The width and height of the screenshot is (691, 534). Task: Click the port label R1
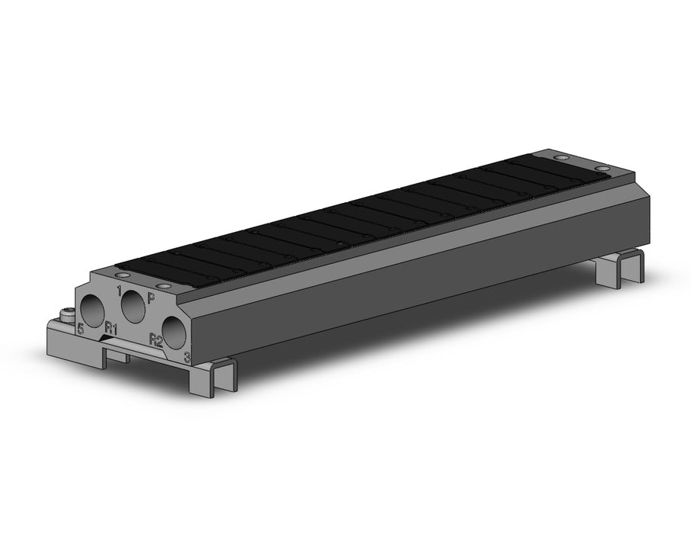110,329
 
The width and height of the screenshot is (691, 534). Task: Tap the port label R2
156,340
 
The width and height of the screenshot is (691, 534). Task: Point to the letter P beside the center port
151,299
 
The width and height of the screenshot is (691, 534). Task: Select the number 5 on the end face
80,328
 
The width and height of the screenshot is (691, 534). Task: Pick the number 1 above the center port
119,291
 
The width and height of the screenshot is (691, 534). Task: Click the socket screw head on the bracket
66,315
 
